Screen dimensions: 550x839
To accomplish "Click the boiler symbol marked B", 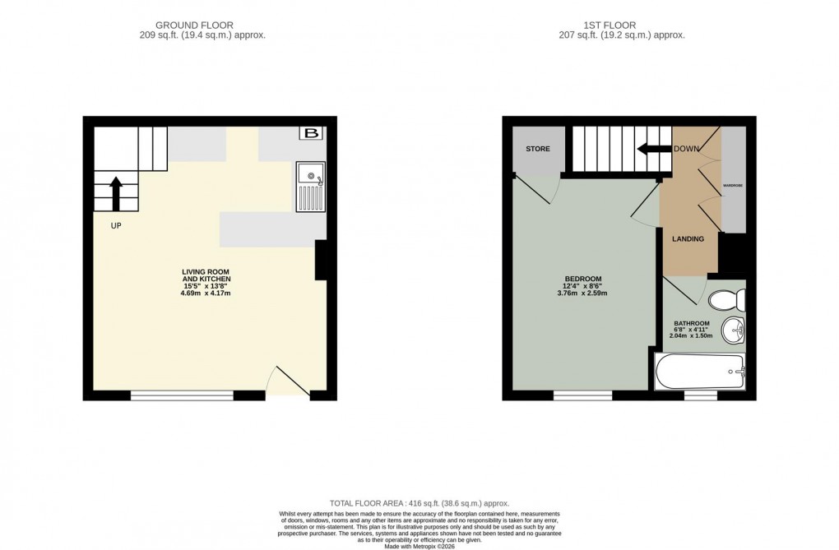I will pos(311,134).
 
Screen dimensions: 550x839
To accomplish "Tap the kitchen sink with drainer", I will pos(311,187).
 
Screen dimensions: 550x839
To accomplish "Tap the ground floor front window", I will pos(182,395).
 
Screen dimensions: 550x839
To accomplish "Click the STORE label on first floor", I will pos(538,150).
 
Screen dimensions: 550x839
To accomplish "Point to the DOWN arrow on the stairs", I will pos(655,149).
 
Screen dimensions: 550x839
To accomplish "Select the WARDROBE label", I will pos(733,186).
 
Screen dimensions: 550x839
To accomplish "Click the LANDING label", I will pos(688,239).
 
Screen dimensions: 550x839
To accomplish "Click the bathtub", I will pos(700,371).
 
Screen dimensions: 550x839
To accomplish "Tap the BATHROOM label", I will pos(692,323).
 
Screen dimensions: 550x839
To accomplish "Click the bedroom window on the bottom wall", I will pos(582,395).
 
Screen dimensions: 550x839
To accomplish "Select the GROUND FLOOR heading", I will pos(202,25).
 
